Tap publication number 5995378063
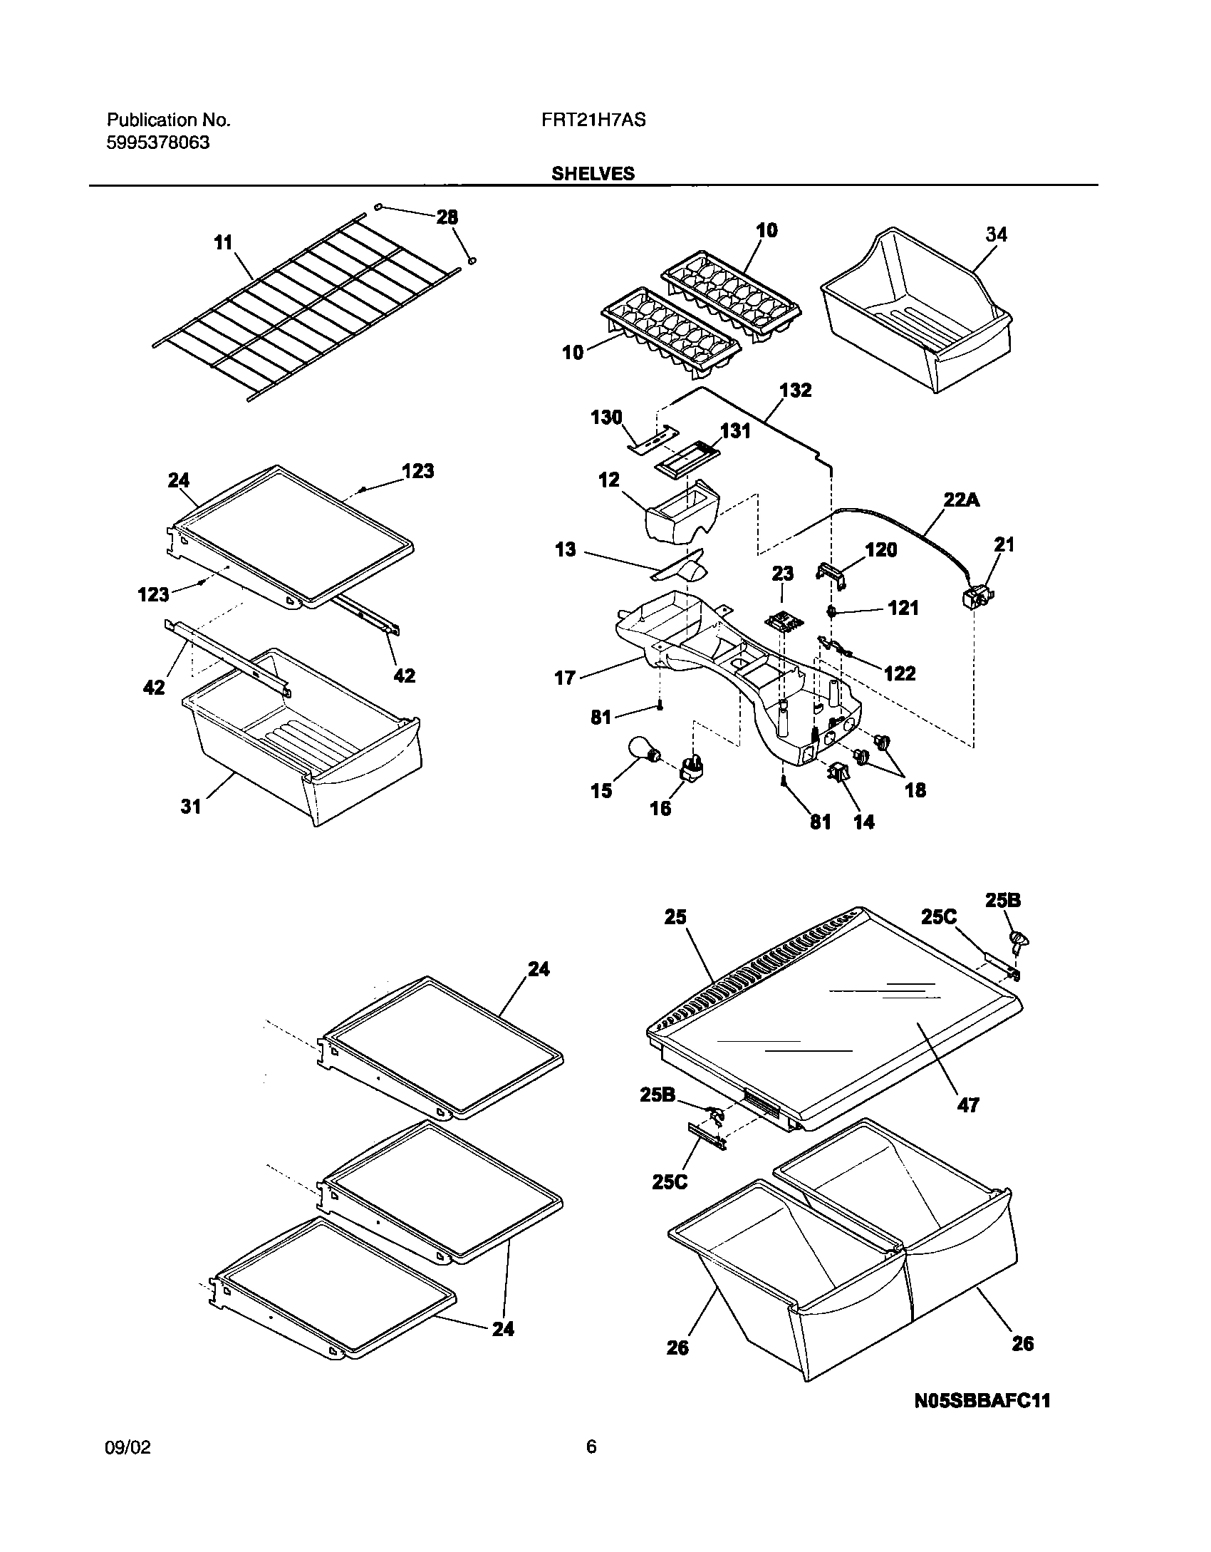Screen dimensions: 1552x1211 (x=158, y=143)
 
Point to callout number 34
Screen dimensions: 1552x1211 (x=996, y=234)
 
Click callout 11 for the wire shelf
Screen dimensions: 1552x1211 (x=224, y=243)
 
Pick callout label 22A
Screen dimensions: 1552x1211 (x=962, y=500)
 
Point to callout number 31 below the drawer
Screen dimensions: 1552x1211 (x=191, y=806)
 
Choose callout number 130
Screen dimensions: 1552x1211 (x=607, y=417)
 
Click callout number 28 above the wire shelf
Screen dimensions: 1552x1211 (x=447, y=217)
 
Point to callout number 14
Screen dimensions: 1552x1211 (x=863, y=822)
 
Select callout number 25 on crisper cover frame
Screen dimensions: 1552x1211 (x=675, y=916)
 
